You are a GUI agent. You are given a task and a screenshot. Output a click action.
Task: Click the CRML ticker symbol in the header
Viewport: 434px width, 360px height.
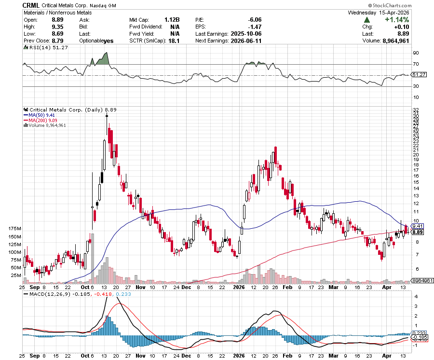pyautogui.click(x=32, y=5)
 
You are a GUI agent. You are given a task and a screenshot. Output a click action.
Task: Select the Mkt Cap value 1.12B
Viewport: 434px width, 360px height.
pyautogui.click(x=172, y=20)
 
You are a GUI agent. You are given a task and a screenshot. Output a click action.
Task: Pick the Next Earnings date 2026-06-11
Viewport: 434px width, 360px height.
pyautogui.click(x=246, y=41)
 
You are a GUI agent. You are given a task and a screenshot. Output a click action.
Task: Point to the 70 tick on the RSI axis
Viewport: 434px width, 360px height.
pyautogui.click(x=415, y=64)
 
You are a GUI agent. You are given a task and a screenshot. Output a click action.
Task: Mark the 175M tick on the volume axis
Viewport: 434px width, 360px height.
pyautogui.click(x=15, y=228)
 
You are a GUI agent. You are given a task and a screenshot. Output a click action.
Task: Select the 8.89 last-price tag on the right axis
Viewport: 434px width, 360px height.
pyautogui.click(x=418, y=232)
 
